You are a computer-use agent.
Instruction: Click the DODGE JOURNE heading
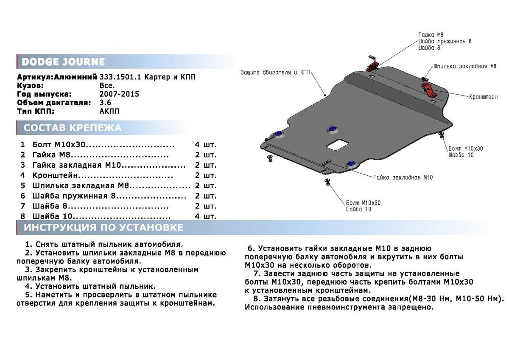pos(63,62)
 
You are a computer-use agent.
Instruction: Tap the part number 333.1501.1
pos(120,77)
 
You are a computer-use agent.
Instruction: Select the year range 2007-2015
pos(119,94)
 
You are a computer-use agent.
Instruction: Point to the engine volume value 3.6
pos(105,103)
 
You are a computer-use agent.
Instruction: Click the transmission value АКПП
pos(109,111)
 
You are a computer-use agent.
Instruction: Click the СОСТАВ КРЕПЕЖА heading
pos(72,128)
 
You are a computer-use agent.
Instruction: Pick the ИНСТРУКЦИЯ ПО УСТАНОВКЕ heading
pos(103,228)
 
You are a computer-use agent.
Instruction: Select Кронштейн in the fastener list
pos(55,176)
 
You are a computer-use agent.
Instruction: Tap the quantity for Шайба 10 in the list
pos(206,216)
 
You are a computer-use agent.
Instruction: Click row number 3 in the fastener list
pos(23,165)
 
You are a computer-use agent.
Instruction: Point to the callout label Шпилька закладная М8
pos(465,66)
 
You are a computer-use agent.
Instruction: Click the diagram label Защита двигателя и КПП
pos(275,73)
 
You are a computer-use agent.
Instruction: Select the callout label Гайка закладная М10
pos(403,177)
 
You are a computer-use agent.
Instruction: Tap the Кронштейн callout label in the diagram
pos(483,97)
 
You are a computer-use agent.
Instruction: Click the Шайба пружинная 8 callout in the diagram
pos(445,41)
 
